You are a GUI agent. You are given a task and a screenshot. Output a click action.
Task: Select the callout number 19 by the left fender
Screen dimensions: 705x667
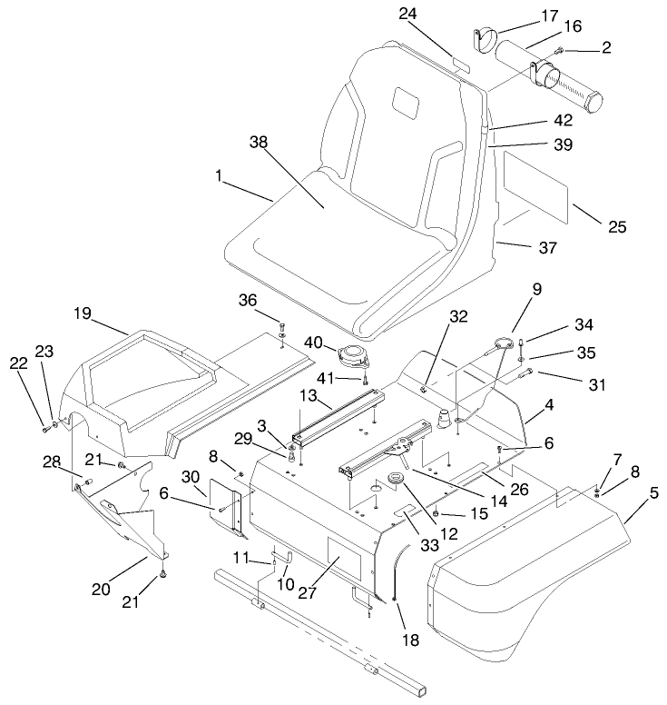pyautogui.click(x=83, y=313)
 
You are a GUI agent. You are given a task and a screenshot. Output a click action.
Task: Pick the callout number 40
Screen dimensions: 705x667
pyautogui.click(x=313, y=342)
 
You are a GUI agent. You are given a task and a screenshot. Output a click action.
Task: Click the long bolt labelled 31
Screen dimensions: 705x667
pyautogui.click(x=526, y=373)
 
